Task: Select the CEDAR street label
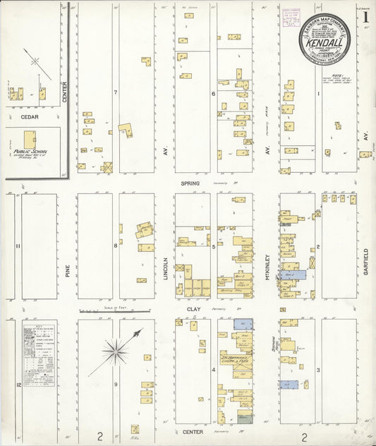[x=29, y=117]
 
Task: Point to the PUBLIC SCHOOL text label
[x=30, y=150]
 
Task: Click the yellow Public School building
[x=30, y=139]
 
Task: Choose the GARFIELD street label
[x=367, y=262]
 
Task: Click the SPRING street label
[x=190, y=183]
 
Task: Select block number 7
[x=114, y=92]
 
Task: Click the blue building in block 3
[x=288, y=385]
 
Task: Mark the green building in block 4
[x=244, y=418]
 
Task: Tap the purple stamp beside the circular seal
[x=289, y=22]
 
